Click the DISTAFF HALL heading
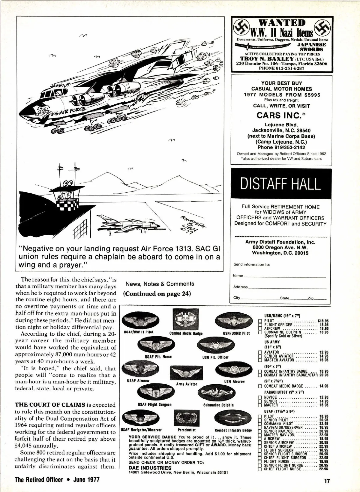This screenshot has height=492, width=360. [x=280, y=183]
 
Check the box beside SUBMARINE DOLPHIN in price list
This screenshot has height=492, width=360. [x=260, y=332]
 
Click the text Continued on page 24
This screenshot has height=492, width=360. [x=157, y=293]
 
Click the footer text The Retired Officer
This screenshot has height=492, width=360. [x=39, y=479]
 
